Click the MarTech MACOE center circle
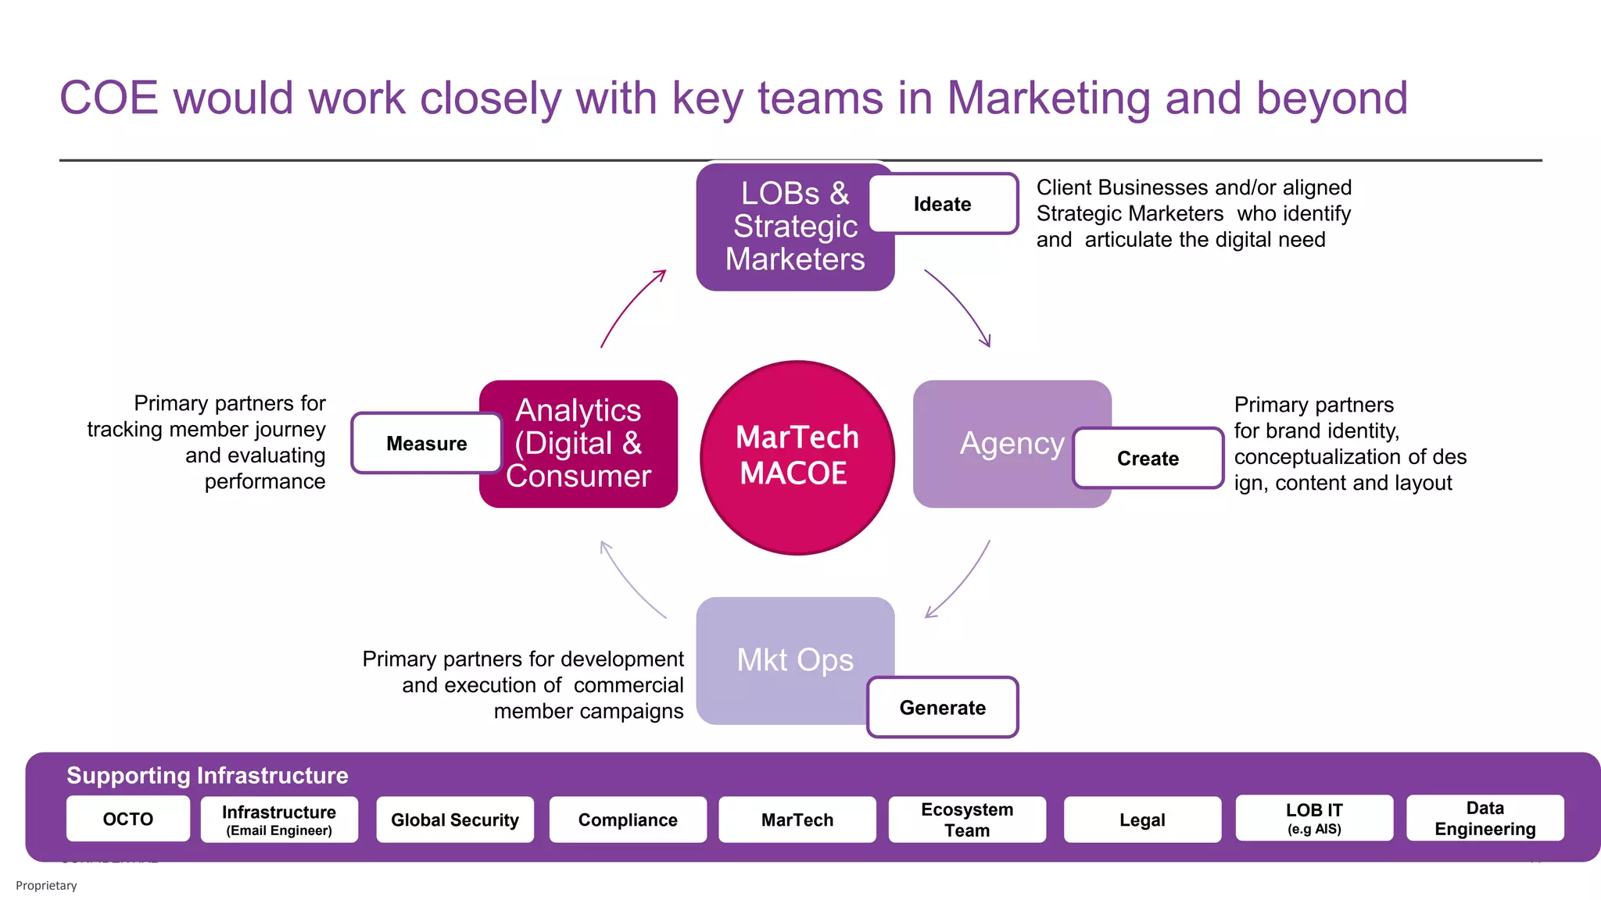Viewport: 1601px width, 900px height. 797,457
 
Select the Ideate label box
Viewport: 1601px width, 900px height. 943,204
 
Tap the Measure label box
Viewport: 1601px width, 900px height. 426,443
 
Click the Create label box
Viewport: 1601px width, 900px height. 1148,458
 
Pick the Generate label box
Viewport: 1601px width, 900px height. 942,707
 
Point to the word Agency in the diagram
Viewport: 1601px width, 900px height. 1012,443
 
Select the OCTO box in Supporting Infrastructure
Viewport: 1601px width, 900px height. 128,819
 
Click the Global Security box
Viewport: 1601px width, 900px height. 455,820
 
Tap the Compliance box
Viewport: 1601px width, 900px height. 628,820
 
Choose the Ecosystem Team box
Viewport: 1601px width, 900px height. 967,820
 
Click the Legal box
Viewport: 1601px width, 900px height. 1142,820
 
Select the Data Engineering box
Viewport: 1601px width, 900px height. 1485,818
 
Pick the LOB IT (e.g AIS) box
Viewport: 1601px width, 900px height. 1314,818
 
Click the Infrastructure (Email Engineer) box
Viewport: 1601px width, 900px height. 279,820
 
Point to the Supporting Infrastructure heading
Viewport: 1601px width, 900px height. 207,775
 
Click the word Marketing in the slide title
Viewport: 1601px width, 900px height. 1048,99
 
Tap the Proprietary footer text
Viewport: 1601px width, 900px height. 46,885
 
